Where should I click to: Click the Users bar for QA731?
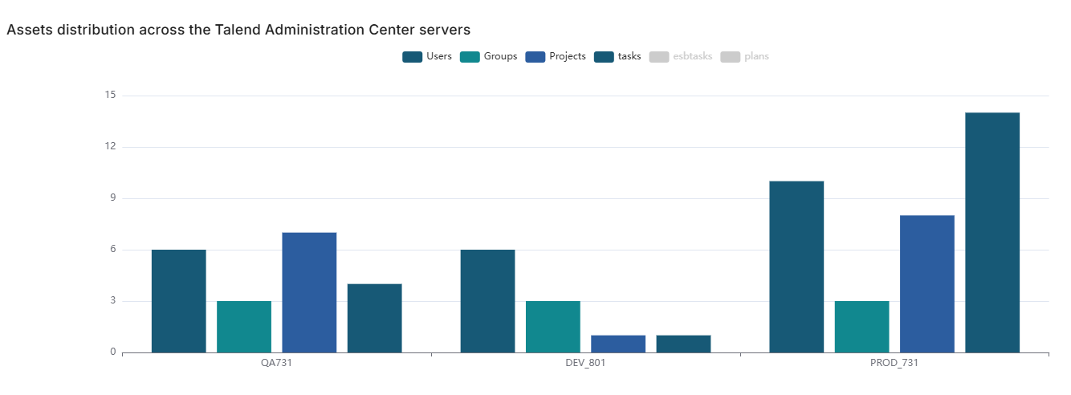tap(178, 301)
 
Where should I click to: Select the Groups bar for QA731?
tap(244, 327)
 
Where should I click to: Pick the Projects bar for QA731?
tap(309, 292)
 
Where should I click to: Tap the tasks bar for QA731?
tap(374, 318)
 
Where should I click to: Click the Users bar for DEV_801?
tap(487, 301)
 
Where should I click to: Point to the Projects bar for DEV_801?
tap(618, 344)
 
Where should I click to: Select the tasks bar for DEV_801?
tap(683, 344)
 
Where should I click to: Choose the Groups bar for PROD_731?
tap(861, 327)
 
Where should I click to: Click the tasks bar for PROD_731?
tap(992, 233)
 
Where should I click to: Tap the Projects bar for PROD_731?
tap(927, 283)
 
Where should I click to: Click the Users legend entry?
tap(427, 56)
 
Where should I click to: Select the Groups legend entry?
tap(489, 56)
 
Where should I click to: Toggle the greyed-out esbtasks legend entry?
tap(680, 56)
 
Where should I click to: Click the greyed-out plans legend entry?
tap(744, 56)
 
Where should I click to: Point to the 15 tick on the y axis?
tap(110, 96)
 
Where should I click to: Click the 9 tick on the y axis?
tap(112, 198)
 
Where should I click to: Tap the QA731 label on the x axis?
tap(276, 364)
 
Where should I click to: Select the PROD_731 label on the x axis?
tap(894, 364)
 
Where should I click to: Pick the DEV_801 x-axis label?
tap(585, 364)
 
